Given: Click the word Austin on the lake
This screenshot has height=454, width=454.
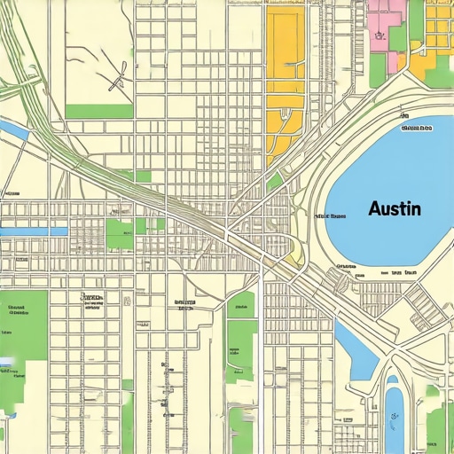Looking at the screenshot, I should (395, 209).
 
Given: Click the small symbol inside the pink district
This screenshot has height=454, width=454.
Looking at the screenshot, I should (378, 36).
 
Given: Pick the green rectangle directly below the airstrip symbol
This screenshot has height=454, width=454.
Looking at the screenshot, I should (98, 112).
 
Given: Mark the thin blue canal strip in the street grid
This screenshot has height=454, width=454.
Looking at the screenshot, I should (34, 231).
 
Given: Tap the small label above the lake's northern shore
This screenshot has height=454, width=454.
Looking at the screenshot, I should (417, 128).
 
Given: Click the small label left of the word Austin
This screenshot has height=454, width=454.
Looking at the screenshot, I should (330, 215).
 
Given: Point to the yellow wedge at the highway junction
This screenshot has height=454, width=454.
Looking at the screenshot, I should (294, 258).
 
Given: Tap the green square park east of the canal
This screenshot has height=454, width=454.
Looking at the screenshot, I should (119, 233).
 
